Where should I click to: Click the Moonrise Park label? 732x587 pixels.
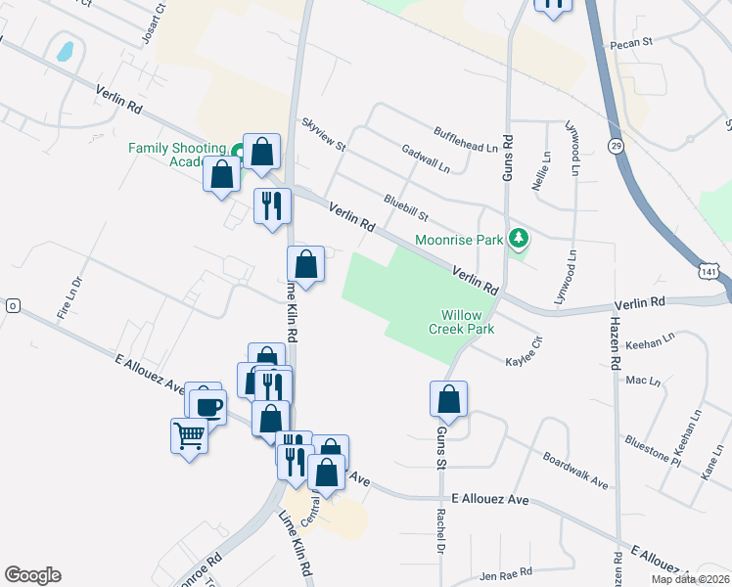(x=458, y=239)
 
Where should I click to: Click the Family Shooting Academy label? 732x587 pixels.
(x=176, y=155)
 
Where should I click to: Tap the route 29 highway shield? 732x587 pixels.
(x=616, y=145)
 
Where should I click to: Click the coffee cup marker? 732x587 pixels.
(x=207, y=405)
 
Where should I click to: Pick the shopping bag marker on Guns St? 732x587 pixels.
(x=448, y=399)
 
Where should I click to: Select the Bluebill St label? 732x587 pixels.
(x=407, y=207)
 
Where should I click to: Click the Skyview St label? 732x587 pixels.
(x=324, y=135)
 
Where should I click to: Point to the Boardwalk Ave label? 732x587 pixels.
(x=576, y=472)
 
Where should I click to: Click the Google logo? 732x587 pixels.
(x=32, y=575)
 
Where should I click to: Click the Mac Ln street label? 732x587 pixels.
(x=642, y=380)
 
